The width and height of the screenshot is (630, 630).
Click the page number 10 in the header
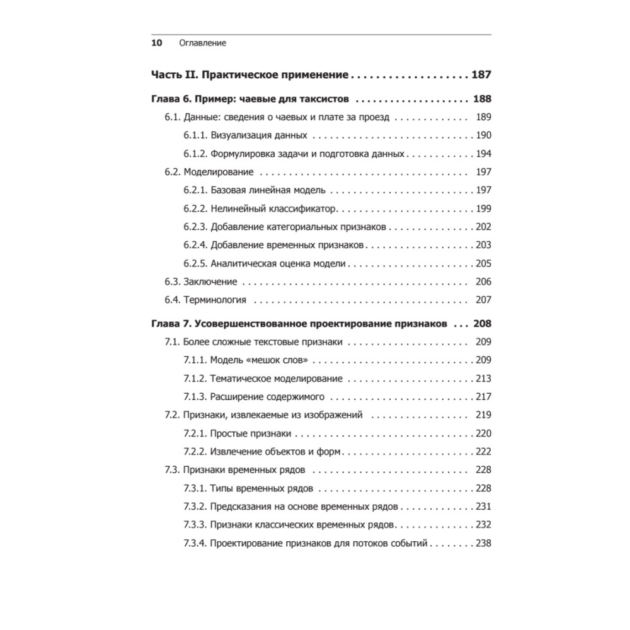tap(157, 43)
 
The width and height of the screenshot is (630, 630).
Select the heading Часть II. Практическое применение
tap(249, 75)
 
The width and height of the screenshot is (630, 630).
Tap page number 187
tap(481, 75)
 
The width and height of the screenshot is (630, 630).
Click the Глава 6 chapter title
tap(251, 99)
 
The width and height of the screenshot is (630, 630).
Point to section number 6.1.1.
tap(195, 135)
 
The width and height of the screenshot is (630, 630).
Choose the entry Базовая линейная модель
tap(268, 190)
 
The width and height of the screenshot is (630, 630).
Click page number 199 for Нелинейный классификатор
tap(483, 209)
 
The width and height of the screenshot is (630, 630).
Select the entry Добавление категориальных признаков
tap(299, 227)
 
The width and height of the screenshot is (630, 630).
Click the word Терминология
tap(215, 300)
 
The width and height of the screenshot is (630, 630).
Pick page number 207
tap(483, 300)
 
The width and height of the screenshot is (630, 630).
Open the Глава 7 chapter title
tap(299, 324)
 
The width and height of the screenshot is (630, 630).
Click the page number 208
tap(481, 324)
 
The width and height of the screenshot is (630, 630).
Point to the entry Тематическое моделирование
tap(276, 379)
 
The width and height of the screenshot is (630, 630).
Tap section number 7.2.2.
tap(195, 452)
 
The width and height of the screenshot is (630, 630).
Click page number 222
tap(483, 452)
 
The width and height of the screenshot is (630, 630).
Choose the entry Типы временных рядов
tap(261, 488)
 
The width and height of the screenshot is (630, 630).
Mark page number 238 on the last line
tap(483, 543)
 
